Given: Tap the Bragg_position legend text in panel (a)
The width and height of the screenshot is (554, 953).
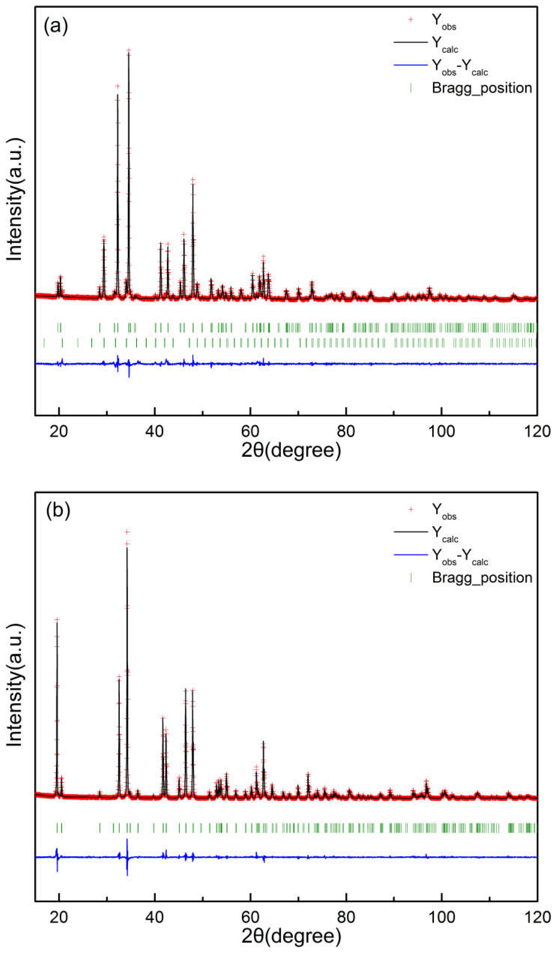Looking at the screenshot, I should click(481, 88).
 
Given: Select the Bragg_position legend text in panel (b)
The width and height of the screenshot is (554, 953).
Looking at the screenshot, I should click(482, 577).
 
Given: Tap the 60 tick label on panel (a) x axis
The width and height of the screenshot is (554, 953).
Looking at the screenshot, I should click(250, 431).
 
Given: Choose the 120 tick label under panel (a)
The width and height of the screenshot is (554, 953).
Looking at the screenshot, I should click(537, 431).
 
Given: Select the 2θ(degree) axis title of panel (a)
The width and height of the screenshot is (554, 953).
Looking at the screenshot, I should click(291, 450).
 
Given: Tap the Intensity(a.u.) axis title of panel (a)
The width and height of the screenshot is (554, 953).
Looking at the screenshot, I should click(15, 199).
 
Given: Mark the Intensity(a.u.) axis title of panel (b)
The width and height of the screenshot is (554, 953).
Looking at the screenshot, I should click(15, 685).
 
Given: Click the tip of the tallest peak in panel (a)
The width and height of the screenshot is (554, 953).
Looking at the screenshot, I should click(129, 50).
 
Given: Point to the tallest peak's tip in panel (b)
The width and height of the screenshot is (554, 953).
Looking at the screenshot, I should click(127, 532).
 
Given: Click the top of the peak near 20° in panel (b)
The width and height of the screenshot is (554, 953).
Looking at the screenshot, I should click(57, 619).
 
